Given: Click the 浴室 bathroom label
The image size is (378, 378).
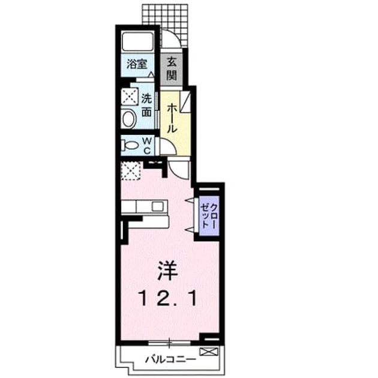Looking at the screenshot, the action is coord(137,64).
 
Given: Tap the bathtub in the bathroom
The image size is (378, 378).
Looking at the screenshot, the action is coord(137,41).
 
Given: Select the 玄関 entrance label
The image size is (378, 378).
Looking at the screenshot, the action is coord(172,68).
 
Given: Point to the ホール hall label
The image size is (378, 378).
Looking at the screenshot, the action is coord(172,118).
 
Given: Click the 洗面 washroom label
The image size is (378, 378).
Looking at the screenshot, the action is coord(146,106).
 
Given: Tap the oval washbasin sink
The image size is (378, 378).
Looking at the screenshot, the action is coord(129,119).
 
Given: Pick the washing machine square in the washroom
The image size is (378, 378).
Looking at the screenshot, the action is coord(130,97).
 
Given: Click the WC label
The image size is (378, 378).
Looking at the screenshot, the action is coord(147,145).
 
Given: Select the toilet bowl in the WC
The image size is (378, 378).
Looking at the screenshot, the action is coord(131,145).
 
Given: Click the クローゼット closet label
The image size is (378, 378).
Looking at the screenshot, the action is coord(209,216).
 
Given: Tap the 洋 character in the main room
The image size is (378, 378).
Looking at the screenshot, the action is coord(167,271).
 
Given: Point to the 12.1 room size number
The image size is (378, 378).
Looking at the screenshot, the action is coord(168,298).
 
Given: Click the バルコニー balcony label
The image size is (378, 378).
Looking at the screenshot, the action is coord(170,360).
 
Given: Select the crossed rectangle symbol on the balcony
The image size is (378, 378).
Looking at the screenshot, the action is coord(209,352).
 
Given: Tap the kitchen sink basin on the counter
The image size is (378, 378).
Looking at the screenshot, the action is coord(157,207).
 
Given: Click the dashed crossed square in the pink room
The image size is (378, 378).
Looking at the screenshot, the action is coord(131,170).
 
